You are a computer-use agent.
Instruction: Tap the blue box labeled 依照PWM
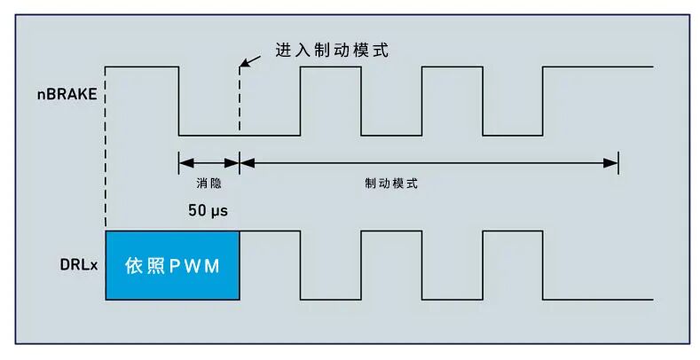[x=172, y=264]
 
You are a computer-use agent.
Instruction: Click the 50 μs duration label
[x=208, y=212]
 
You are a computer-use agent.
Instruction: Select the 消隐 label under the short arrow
[x=208, y=184]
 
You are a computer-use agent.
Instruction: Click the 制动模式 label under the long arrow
[x=390, y=184]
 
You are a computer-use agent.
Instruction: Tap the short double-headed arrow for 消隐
[x=209, y=161]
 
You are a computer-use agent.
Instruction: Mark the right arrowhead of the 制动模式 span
[x=611, y=161]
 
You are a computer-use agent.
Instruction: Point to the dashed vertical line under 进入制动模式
[x=240, y=98]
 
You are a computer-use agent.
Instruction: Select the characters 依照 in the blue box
[x=146, y=265]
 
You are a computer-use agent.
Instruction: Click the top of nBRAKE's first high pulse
[x=142, y=67]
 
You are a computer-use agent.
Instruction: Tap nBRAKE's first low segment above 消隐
[x=209, y=135]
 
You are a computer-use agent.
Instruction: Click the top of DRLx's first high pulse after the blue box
[x=270, y=231]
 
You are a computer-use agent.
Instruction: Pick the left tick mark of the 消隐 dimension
[x=179, y=161]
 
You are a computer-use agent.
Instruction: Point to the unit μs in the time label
[x=221, y=213]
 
